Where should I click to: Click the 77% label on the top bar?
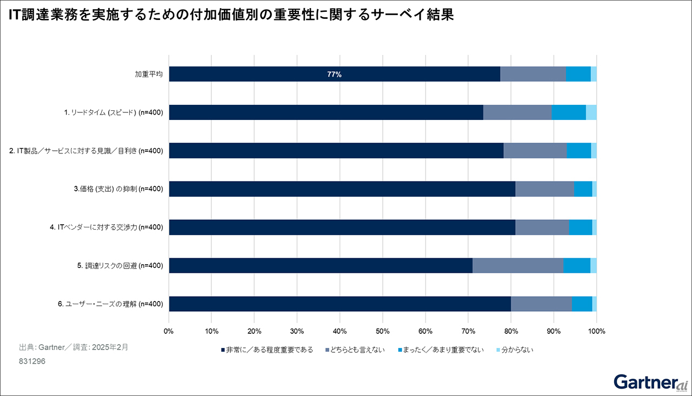click(x=334, y=75)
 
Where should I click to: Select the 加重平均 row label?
click(x=149, y=75)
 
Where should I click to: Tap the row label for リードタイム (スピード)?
click(x=114, y=112)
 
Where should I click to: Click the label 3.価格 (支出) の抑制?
click(x=118, y=189)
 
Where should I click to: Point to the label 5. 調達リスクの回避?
click(x=120, y=265)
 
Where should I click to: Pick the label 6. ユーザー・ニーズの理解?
click(x=110, y=304)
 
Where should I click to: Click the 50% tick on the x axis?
click(x=382, y=331)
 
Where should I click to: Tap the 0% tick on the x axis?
click(x=169, y=331)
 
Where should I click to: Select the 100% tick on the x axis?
click(x=596, y=331)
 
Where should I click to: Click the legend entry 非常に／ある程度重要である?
click(x=267, y=350)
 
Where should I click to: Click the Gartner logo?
click(x=650, y=382)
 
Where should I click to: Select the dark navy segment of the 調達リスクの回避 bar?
click(x=321, y=265)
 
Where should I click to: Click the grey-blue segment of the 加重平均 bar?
click(x=533, y=75)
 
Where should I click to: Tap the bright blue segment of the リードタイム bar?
click(x=569, y=112)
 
